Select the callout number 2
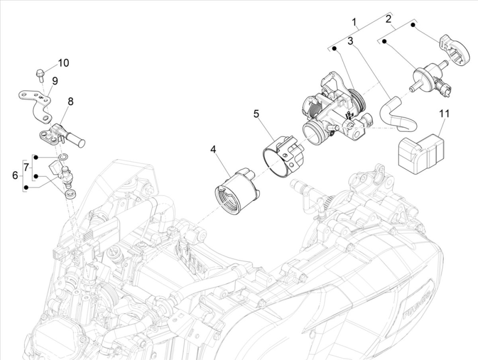click(x=388, y=18)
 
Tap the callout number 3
click(x=350, y=41)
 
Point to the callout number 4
click(x=214, y=150)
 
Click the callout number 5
click(x=256, y=114)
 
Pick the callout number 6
click(x=15, y=175)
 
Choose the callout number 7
click(x=26, y=167)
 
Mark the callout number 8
click(x=71, y=101)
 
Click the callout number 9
click(x=55, y=81)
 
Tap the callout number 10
click(x=63, y=63)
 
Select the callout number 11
click(x=445, y=113)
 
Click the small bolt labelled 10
click(x=40, y=74)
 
